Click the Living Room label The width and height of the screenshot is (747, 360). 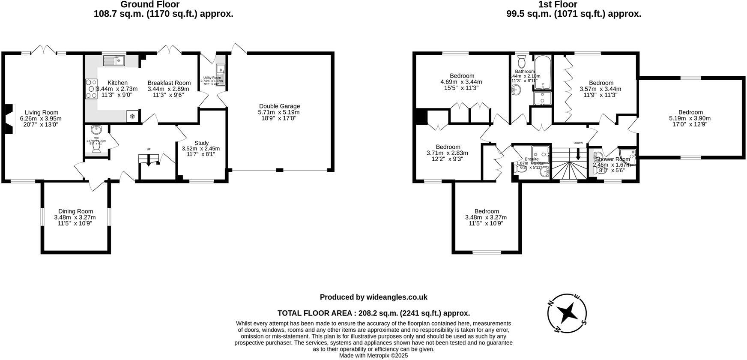(41, 113)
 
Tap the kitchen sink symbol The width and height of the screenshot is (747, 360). (114, 60)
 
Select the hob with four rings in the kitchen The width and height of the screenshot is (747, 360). (91, 89)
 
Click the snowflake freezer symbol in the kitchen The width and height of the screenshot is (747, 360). (132, 116)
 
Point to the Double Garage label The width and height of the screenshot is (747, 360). (279, 106)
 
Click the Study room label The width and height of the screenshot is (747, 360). (201, 143)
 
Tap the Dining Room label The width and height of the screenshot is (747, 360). (75, 211)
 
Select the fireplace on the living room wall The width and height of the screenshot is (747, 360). (9, 119)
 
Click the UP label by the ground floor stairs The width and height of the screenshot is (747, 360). (149, 149)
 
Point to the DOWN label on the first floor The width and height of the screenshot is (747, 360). (578, 143)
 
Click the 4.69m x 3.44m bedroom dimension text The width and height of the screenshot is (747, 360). (461, 82)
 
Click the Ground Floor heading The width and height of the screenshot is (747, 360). (150, 5)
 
